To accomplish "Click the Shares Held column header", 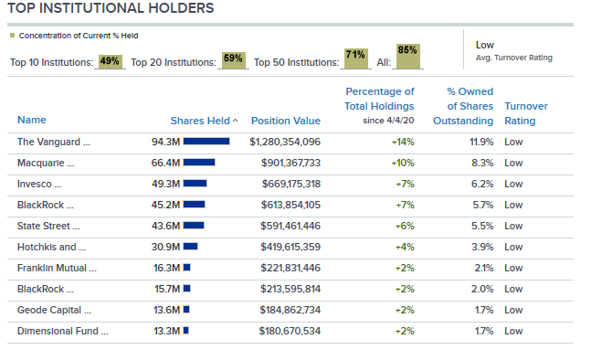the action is [200, 121].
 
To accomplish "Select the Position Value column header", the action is [286, 121].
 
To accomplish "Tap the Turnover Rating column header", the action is [526, 113].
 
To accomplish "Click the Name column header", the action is [31, 120].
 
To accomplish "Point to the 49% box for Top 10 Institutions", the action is [110, 61].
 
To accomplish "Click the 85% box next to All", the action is [407, 56].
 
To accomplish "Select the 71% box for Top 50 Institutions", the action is [355, 58].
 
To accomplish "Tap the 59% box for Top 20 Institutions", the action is [233, 60].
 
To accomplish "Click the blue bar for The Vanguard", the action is [206, 142].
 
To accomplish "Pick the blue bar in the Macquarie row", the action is [199, 163].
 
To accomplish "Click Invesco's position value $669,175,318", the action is [291, 184].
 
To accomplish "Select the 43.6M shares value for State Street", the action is [165, 226].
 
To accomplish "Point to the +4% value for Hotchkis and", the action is [405, 247].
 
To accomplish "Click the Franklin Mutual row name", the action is [57, 269].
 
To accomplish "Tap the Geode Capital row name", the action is [54, 310].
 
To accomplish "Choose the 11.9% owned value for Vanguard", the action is [481, 143].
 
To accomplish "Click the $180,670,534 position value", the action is [290, 331].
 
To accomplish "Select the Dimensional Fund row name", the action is [63, 331].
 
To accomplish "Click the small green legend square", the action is [12, 36].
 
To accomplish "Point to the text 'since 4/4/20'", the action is [388, 121].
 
